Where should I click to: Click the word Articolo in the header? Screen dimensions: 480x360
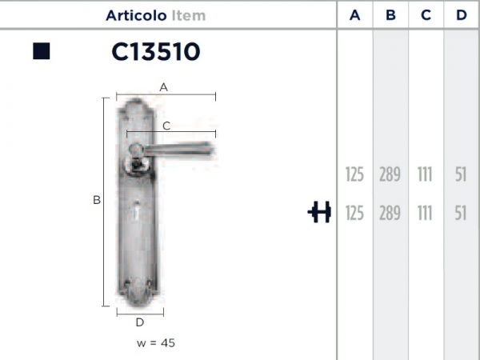coord(136,16)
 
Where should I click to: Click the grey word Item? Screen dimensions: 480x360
coord(189,16)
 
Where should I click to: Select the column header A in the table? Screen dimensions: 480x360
coord(354,15)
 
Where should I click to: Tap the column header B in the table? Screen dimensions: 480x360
coord(390,15)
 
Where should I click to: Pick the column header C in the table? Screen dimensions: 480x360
coord(426,15)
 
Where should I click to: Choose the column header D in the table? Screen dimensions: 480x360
coord(462,15)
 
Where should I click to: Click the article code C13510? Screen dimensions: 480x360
coord(156,51)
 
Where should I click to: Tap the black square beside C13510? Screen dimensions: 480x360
coord(42,51)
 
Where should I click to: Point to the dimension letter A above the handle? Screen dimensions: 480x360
coord(163,87)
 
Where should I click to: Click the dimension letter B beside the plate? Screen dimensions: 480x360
coord(97,200)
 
